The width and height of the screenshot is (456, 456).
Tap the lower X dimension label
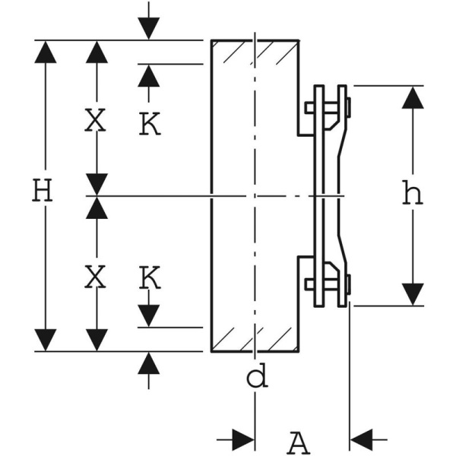(95, 279)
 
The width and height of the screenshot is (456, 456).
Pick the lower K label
(150, 279)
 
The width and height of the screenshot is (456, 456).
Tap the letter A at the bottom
(299, 441)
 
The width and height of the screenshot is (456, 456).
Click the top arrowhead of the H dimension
(46, 52)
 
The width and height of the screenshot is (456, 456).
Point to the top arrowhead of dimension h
(413, 97)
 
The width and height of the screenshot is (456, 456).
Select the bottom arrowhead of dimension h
(413, 293)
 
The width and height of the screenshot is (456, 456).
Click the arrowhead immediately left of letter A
(243, 439)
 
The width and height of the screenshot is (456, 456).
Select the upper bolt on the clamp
(328, 107)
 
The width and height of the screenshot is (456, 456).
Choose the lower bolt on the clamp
(328, 284)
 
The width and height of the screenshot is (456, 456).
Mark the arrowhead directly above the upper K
(149, 76)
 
